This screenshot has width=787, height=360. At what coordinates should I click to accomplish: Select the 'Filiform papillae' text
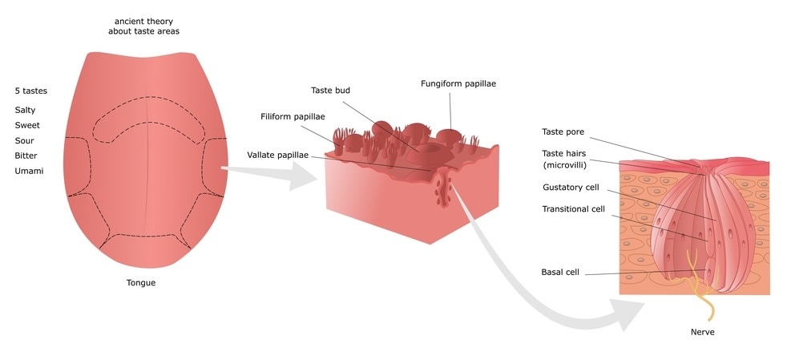pyautogui.click(x=293, y=117)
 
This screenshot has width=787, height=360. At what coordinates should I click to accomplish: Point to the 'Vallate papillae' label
pyautogui.click(x=277, y=154)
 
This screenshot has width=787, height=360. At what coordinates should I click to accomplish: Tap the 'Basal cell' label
pyautogui.click(x=560, y=272)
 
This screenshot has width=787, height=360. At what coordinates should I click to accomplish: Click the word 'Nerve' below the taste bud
pyautogui.click(x=702, y=331)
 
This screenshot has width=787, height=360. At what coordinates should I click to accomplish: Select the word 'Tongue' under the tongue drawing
pyautogui.click(x=140, y=282)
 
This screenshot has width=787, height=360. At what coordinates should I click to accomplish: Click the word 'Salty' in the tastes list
pyautogui.click(x=25, y=110)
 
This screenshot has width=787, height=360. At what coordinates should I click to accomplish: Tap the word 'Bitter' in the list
pyautogui.click(x=26, y=156)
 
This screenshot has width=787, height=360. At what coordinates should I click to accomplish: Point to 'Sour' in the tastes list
pyautogui.click(x=24, y=140)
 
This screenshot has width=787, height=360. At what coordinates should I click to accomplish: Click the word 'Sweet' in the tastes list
pyautogui.click(x=26, y=125)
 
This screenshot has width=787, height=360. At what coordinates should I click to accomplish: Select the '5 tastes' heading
pyautogui.click(x=31, y=91)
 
